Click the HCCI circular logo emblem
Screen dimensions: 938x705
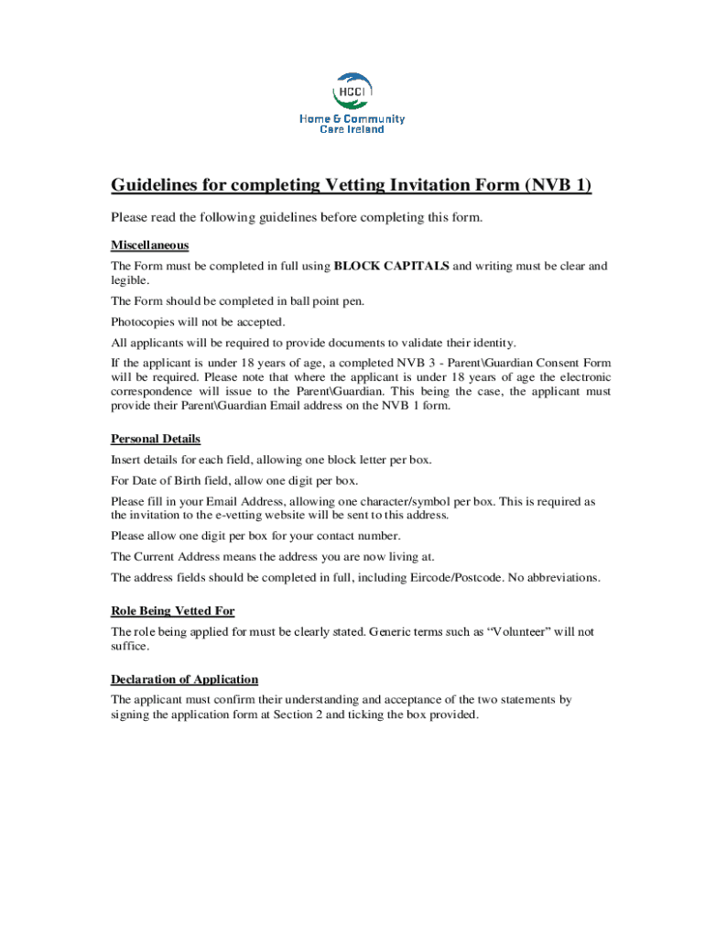pyautogui.click(x=352, y=92)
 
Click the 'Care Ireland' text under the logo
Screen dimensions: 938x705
pyautogui.click(x=352, y=129)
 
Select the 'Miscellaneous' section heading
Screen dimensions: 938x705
pyautogui.click(x=149, y=245)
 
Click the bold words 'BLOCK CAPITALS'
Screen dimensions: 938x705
pyautogui.click(x=391, y=267)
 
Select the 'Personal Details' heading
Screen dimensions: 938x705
pyautogui.click(x=156, y=439)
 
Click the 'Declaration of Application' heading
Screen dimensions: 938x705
pyautogui.click(x=184, y=680)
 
